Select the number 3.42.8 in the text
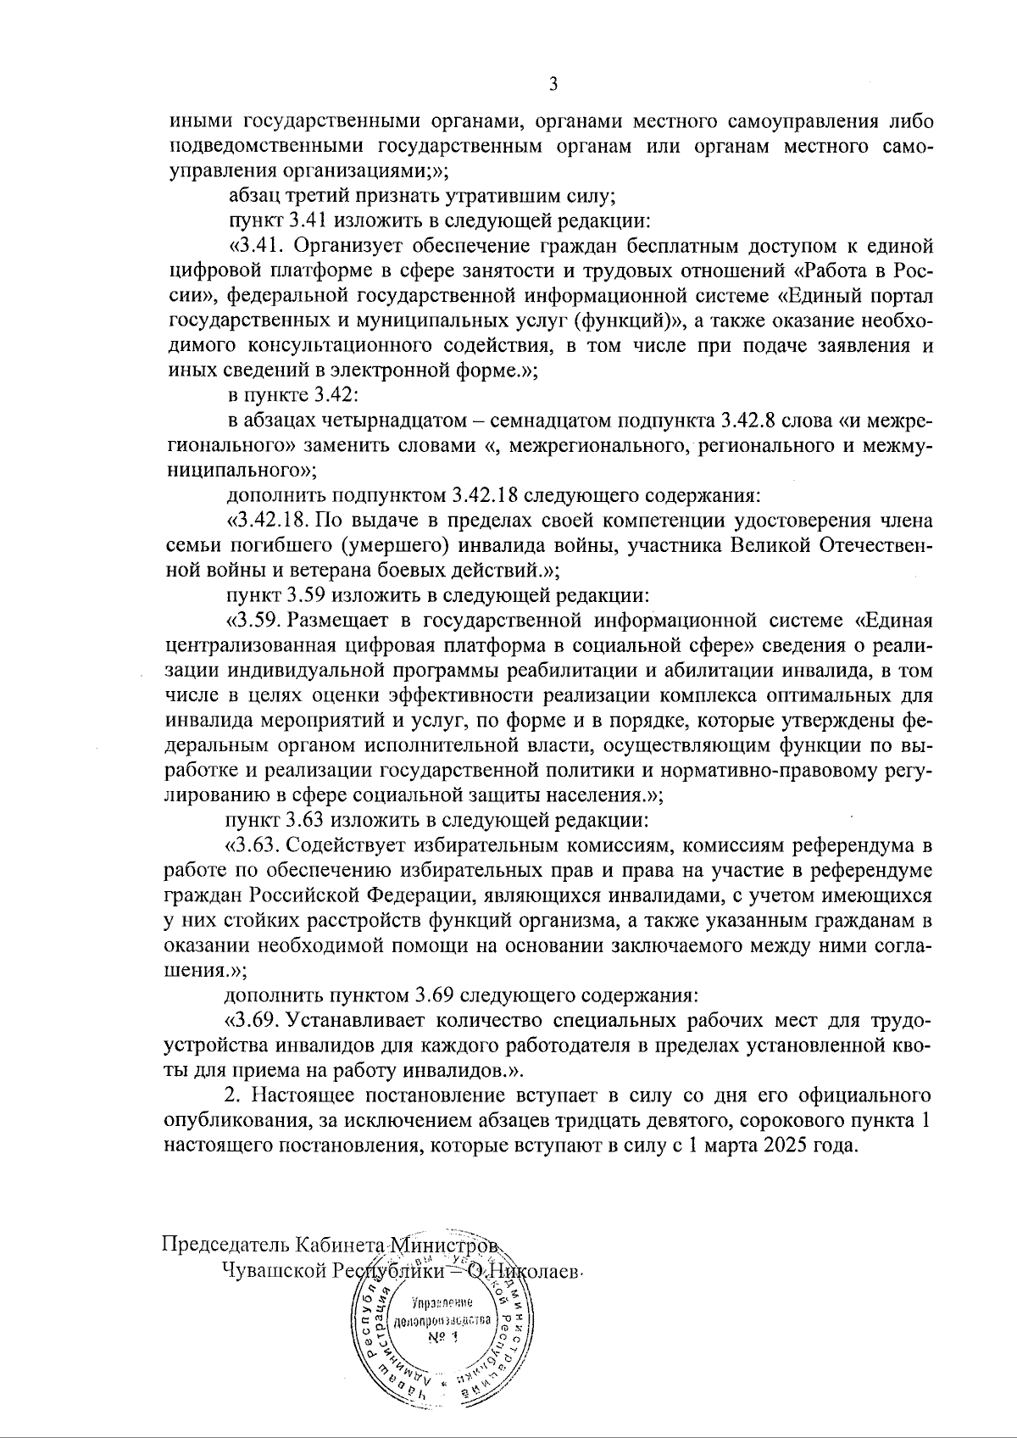[752, 421]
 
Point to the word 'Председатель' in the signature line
[226, 1245]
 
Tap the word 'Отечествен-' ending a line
[878, 544]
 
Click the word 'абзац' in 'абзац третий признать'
[252, 197]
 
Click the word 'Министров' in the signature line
[453, 1245]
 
